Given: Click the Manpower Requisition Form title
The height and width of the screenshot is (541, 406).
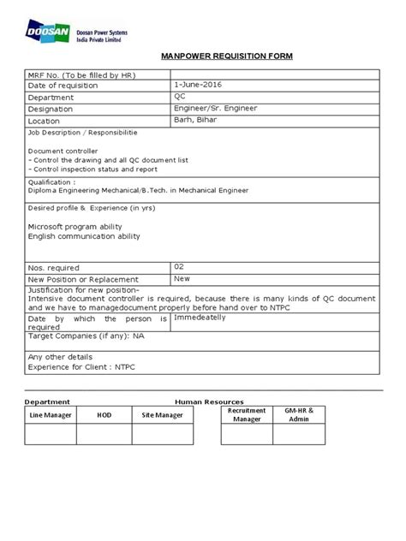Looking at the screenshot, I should tap(227, 56).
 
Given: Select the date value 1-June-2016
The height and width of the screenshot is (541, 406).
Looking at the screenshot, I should tap(199, 86).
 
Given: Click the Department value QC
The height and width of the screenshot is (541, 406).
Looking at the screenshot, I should tap(179, 97).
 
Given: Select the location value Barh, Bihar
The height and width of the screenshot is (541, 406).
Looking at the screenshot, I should tap(196, 121).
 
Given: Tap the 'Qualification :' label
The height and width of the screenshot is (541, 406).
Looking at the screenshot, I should tap(52, 182).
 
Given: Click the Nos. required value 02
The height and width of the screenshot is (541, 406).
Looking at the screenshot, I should tap(179, 267).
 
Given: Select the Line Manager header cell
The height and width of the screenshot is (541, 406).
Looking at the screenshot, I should tap(50, 415).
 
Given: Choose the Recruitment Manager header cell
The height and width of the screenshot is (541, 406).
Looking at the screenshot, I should tap(247, 415).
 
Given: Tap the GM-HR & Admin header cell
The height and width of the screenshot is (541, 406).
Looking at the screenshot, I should tap(300, 415).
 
